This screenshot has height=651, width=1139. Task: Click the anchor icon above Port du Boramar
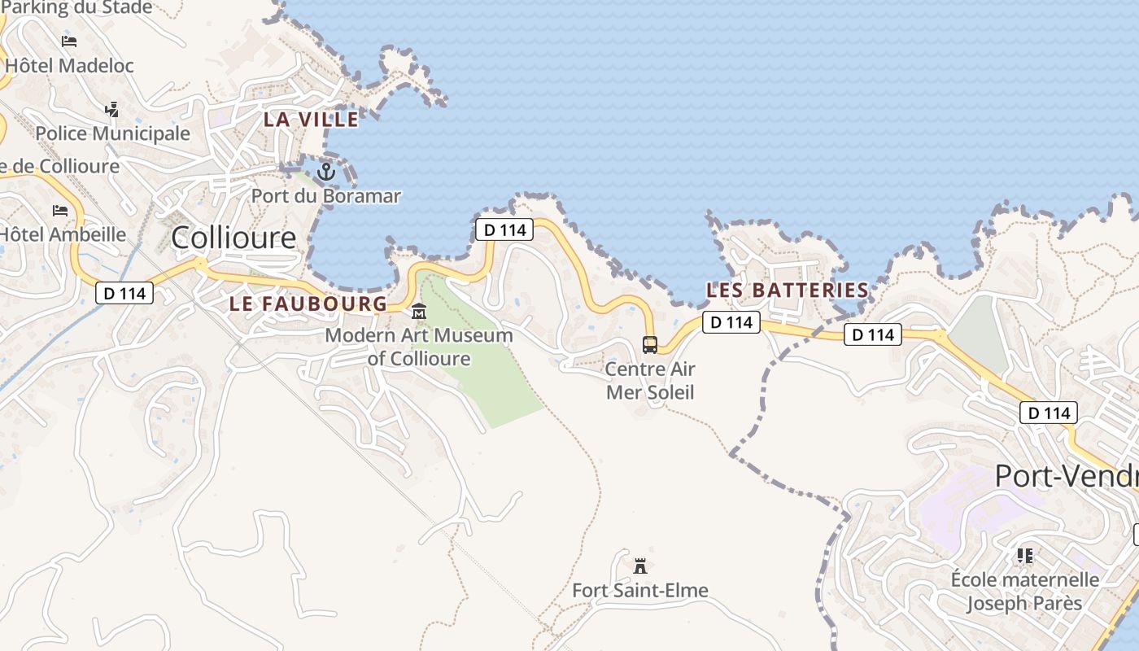[326, 172]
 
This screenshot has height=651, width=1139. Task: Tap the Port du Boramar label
[326, 196]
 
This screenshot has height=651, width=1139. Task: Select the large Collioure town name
[234, 238]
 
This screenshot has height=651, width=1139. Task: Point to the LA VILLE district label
[311, 120]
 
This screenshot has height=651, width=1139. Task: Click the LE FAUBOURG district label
[308, 304]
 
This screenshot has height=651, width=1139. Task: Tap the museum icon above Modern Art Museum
[419, 312]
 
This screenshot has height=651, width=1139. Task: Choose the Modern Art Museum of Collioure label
[419, 347]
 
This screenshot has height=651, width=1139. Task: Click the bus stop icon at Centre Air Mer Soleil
[649, 345]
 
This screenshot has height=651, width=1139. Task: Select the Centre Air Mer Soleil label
[650, 381]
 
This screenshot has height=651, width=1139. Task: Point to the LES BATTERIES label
[788, 291]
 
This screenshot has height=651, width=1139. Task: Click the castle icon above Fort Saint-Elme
[640, 566]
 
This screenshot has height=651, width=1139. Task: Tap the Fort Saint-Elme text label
[640, 591]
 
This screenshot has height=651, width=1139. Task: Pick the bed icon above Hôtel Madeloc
[69, 41]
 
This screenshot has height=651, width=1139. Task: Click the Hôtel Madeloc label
[69, 66]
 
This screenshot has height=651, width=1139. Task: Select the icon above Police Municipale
[112, 109]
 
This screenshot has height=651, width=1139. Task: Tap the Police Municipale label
[112, 133]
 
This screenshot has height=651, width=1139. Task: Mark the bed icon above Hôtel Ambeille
[60, 210]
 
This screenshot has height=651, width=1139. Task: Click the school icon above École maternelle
[1024, 556]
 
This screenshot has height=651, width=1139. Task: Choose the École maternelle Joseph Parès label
[1024, 592]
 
